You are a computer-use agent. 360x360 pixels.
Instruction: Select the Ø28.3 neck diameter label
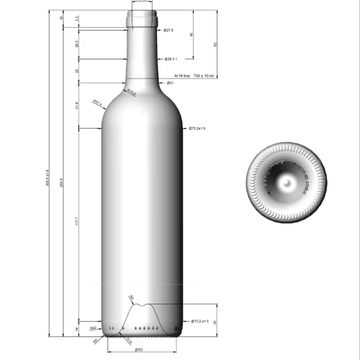click(172, 59)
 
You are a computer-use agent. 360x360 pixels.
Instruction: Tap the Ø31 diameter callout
click(170, 83)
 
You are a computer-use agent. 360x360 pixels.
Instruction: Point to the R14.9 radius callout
click(131, 92)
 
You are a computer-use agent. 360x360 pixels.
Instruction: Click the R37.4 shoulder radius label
click(98, 103)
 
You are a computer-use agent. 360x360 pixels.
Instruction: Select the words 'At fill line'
click(181, 76)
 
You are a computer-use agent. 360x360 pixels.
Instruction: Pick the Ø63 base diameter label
click(138, 349)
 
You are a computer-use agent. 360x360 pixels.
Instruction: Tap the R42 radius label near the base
click(93, 329)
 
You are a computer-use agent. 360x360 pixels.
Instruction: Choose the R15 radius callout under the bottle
click(129, 340)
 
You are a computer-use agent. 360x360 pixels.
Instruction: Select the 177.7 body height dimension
click(76, 222)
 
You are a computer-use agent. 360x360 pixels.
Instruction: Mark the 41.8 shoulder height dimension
click(76, 106)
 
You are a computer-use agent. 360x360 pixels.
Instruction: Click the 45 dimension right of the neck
click(191, 34)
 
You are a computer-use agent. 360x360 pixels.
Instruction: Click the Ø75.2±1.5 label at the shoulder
click(197, 128)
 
